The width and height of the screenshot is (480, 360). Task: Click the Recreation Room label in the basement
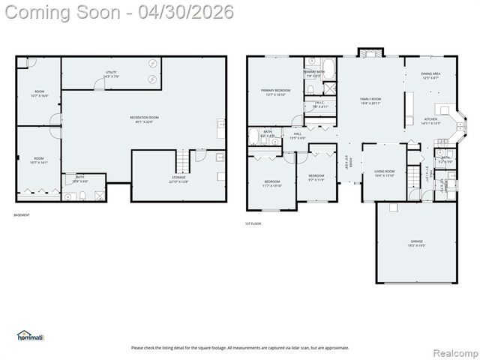(144, 118)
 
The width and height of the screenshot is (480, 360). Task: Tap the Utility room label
(110, 74)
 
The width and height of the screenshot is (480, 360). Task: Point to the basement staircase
(182, 160)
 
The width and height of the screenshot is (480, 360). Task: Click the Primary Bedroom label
(275, 92)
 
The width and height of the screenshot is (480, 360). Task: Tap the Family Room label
(370, 100)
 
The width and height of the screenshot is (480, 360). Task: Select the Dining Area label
(431, 75)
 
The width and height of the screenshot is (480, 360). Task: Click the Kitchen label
(430, 121)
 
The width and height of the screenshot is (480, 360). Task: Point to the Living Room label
(385, 173)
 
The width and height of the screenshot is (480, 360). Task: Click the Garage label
(416, 244)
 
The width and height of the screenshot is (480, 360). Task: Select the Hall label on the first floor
(298, 136)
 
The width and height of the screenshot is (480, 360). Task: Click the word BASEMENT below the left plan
(22, 215)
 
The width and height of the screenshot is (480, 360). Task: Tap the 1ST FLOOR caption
(253, 223)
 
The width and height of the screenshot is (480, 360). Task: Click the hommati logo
(31, 335)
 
